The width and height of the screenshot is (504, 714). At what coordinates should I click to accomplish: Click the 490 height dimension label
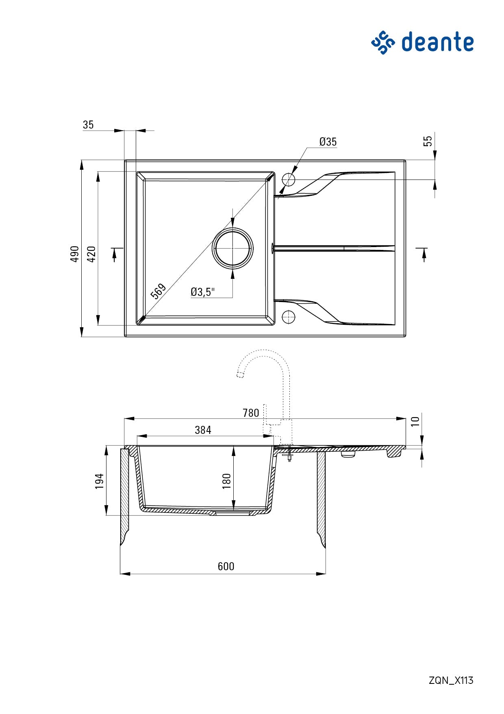75,254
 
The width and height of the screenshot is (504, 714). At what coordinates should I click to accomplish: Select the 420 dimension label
92,254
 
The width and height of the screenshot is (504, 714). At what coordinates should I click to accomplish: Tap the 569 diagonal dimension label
158,291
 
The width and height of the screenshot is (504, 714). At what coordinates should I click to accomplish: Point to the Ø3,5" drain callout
202,291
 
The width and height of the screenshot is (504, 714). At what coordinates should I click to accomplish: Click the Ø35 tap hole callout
328,142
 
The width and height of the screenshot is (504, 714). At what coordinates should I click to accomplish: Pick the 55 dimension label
428,141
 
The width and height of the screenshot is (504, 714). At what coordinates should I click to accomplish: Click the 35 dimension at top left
88,125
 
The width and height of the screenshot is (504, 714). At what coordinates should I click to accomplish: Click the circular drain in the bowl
232,248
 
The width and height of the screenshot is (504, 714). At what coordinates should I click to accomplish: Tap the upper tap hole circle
288,179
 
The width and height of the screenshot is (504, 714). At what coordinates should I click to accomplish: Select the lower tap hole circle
288,316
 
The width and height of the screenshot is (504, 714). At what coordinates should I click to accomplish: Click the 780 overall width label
251,413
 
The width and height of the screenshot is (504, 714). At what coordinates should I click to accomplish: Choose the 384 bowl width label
203,430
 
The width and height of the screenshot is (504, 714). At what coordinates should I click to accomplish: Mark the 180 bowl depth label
227,481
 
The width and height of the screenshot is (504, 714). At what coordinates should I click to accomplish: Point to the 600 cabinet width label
226,566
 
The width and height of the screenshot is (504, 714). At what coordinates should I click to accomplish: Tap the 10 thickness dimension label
415,421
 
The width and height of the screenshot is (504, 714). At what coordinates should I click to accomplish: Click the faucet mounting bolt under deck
289,455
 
